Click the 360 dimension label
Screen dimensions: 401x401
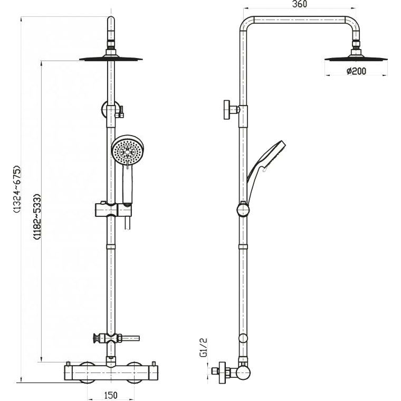[x=300, y=4]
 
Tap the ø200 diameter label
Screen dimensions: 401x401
[x=356, y=71]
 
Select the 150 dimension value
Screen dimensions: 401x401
[x=111, y=395]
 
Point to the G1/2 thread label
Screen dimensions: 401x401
[x=204, y=347]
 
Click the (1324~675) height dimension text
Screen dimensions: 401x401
[x=17, y=189]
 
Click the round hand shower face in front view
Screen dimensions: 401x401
[x=128, y=150]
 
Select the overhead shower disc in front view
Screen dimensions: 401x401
[x=111, y=59]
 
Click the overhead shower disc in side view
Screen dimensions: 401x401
[x=356, y=59]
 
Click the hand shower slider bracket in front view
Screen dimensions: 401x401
[x=113, y=209]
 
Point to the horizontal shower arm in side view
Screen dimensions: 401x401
[x=299, y=20]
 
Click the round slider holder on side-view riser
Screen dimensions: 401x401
[x=243, y=209]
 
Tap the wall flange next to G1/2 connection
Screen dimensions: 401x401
[x=223, y=373]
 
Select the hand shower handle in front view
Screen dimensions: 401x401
[x=128, y=184]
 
